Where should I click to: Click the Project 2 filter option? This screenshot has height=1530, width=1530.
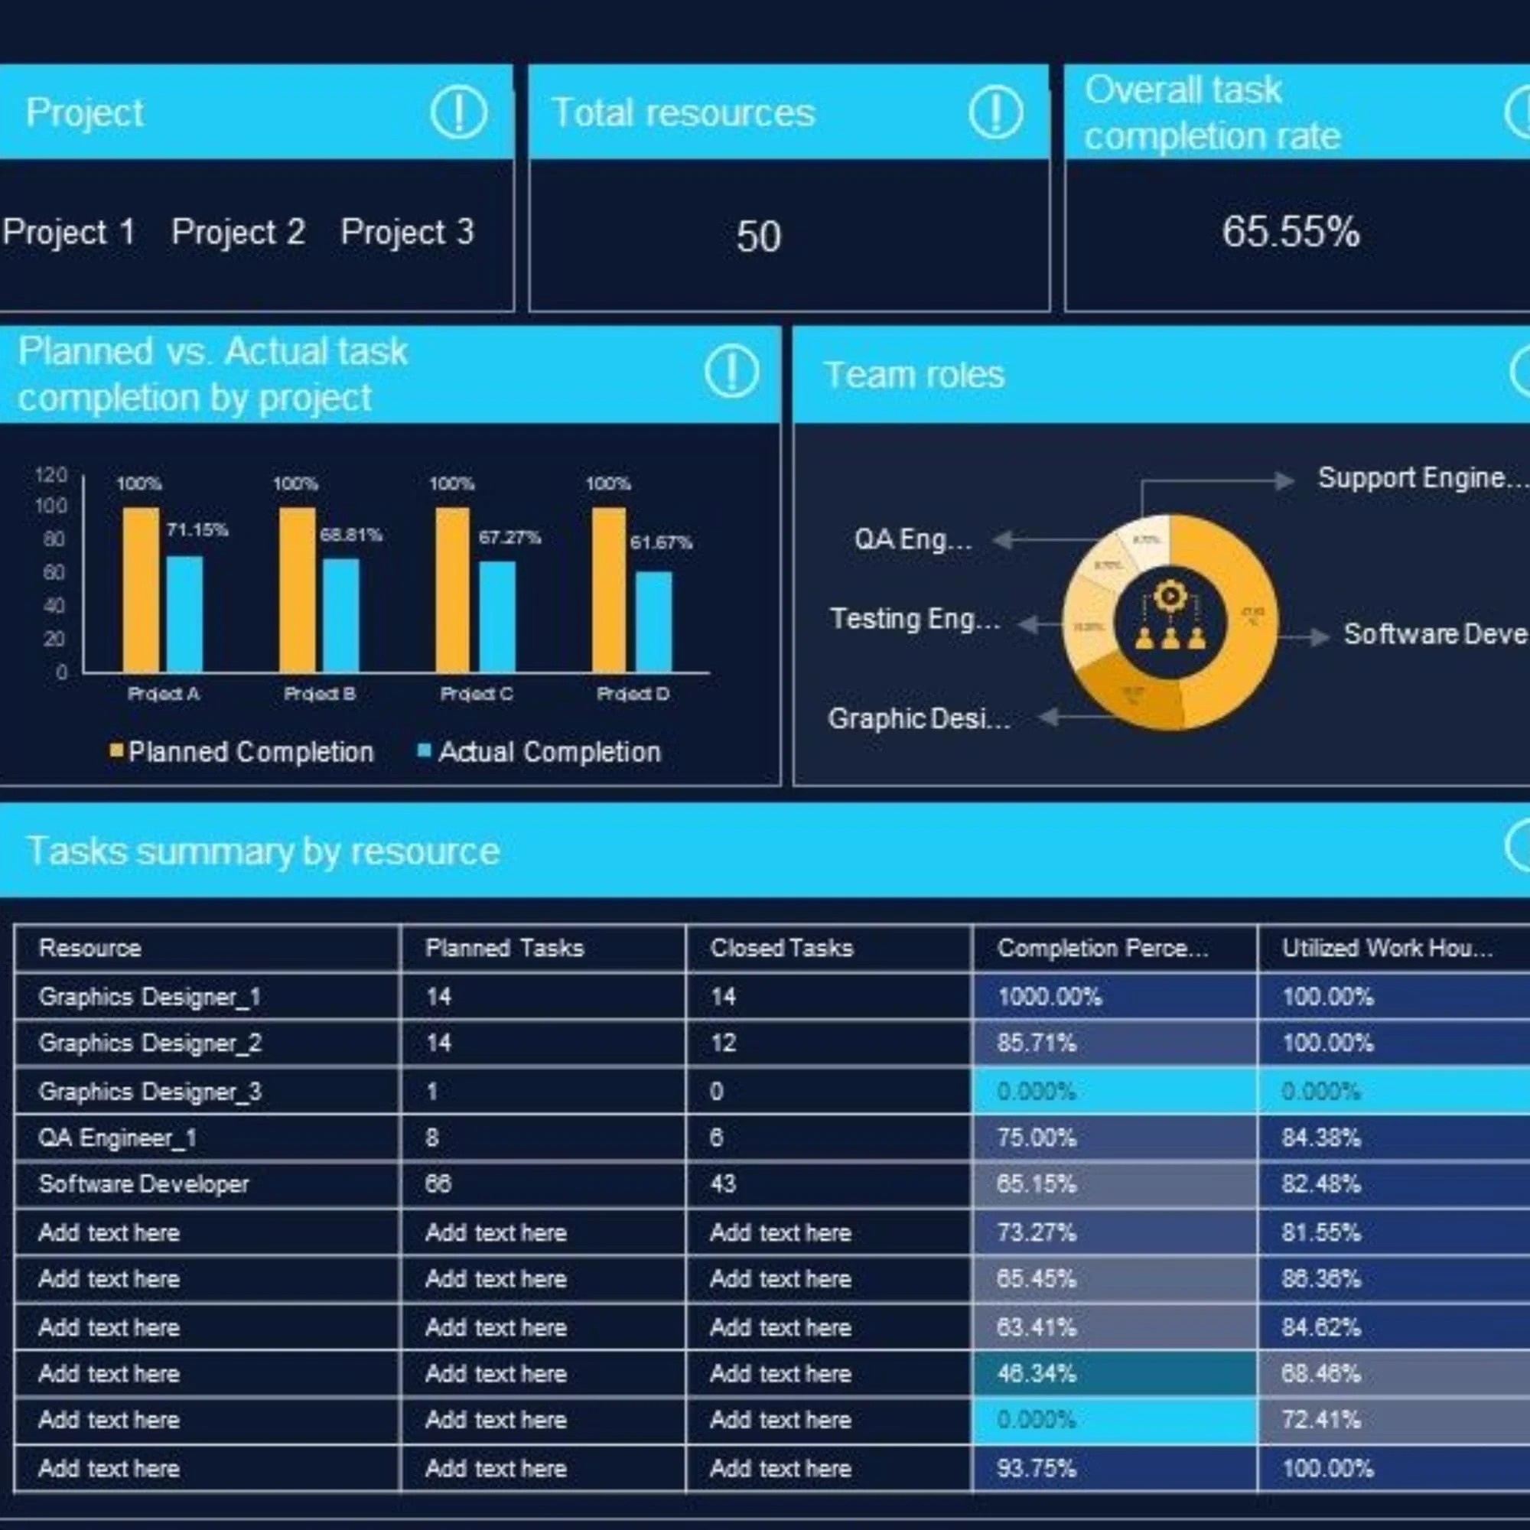point(238,232)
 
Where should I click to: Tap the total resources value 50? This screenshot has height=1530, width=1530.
point(758,236)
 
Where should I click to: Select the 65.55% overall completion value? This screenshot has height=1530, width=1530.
point(1290,232)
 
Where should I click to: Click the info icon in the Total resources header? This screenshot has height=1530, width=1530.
point(994,112)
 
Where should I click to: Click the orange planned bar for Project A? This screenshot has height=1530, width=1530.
point(140,590)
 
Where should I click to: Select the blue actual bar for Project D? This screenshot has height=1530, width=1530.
point(653,622)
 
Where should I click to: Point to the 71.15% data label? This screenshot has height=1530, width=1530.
point(197,530)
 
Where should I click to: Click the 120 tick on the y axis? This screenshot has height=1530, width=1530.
point(50,474)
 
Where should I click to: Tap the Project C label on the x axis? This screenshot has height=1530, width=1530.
point(476,694)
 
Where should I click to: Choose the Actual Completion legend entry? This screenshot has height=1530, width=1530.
point(541,751)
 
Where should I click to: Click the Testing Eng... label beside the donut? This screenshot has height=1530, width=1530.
point(915,618)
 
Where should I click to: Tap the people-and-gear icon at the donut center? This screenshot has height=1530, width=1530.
point(1170,622)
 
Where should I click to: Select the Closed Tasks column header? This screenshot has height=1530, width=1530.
point(781,948)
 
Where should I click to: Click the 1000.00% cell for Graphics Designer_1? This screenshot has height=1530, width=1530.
point(1050,996)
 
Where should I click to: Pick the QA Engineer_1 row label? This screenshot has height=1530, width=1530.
point(117,1138)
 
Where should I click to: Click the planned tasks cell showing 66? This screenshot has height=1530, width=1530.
point(438,1184)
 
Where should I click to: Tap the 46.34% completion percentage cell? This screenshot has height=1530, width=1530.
point(1036,1373)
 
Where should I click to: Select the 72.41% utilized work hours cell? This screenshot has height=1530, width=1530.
point(1320,1419)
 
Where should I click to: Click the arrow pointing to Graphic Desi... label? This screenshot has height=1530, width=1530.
point(1050,717)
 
